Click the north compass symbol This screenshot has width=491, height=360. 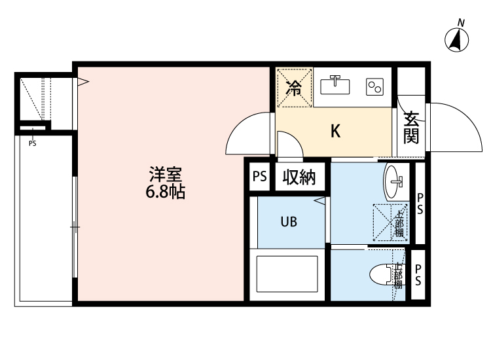[458, 40]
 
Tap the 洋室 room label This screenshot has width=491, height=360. [165, 175]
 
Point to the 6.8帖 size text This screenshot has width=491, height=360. [165, 192]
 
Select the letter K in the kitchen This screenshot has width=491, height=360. [335, 131]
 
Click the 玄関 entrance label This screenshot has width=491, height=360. [410, 128]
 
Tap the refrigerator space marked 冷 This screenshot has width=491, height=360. [295, 88]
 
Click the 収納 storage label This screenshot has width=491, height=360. [300, 177]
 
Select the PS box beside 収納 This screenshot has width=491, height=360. [260, 177]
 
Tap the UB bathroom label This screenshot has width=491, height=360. [289, 222]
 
